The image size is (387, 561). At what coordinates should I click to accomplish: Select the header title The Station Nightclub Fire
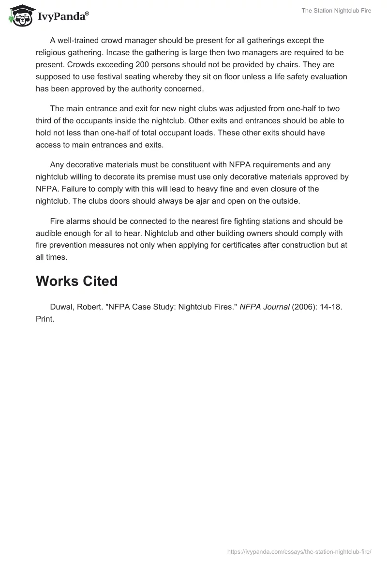(x=336, y=10)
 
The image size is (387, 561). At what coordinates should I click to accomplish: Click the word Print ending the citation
(x=45, y=320)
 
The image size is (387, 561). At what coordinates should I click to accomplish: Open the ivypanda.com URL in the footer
(x=299, y=551)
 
